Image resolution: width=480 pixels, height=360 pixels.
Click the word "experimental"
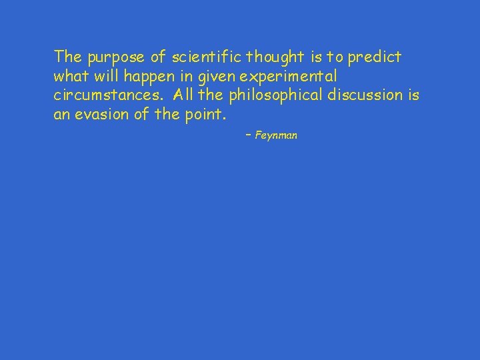pyautogui.click(x=283, y=76)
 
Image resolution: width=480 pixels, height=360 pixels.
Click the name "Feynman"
pyautogui.click(x=276, y=135)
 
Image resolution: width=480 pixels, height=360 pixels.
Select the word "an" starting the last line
pyautogui.click(x=61, y=115)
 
